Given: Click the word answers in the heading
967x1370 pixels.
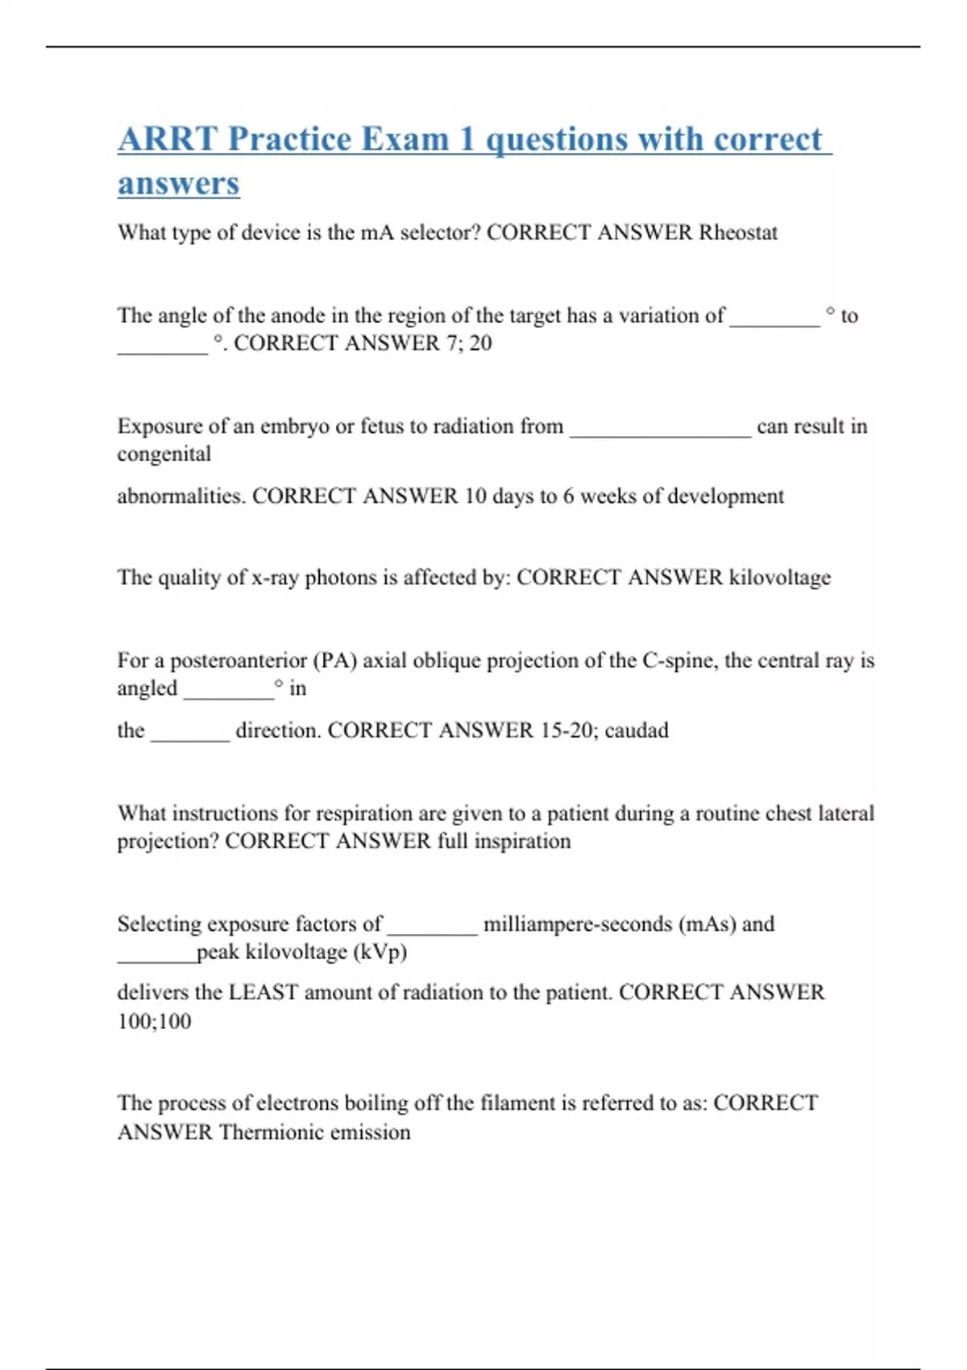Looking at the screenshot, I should coord(178,184).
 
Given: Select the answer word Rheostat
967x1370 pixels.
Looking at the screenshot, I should coord(737,233).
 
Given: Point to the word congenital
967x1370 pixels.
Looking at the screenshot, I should coord(164,455).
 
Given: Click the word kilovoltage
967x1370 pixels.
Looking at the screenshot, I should coord(779,578).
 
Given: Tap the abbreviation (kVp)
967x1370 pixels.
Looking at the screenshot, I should coord(380,953).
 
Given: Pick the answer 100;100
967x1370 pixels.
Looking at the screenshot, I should coord(154,1022).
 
